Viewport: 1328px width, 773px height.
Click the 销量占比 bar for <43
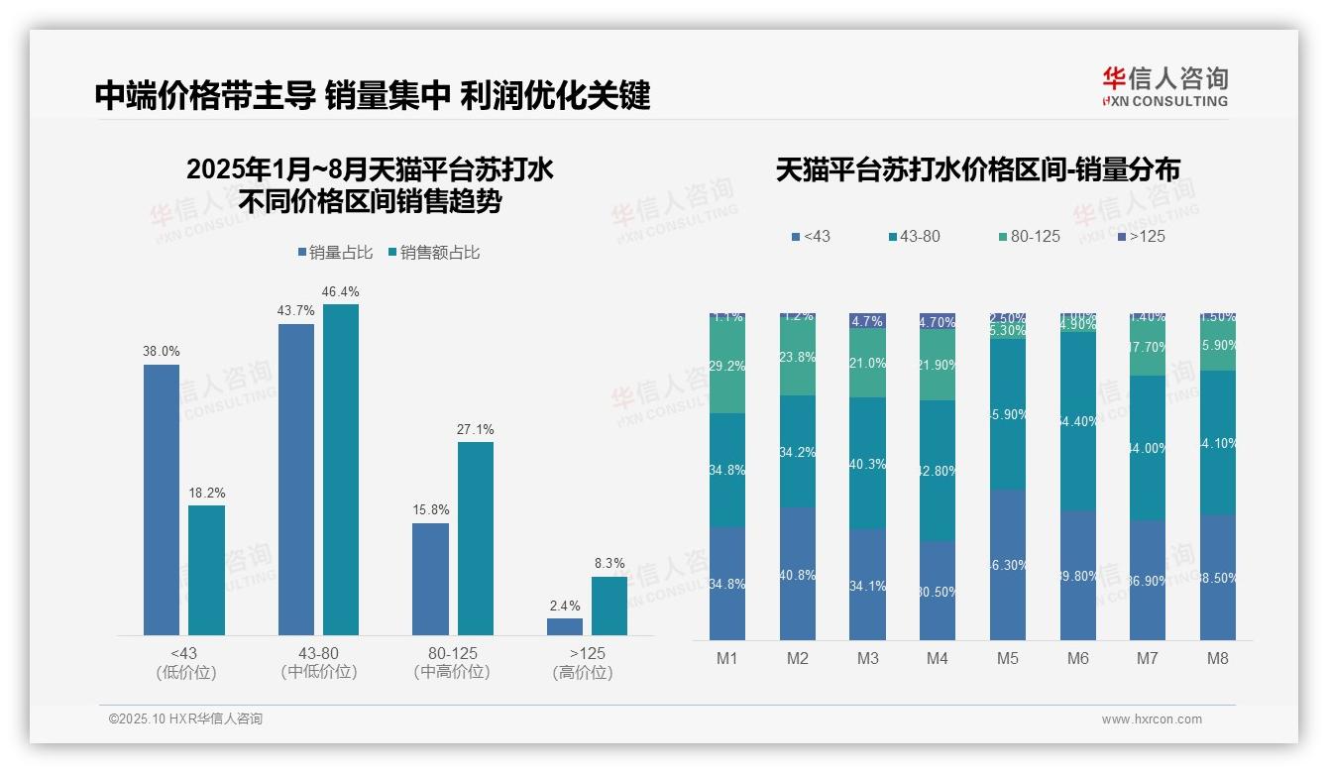click(162, 499)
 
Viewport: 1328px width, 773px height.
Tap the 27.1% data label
click(476, 429)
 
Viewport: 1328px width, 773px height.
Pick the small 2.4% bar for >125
click(565, 626)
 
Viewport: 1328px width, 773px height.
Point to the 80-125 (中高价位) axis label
click(453, 663)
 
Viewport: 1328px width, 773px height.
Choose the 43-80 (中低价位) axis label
click(318, 663)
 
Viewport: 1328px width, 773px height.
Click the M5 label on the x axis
click(1008, 659)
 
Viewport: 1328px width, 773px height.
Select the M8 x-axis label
click(1218, 659)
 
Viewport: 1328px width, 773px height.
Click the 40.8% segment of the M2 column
click(798, 574)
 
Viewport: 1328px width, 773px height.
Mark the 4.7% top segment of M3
click(867, 321)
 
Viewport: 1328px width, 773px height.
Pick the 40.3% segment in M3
click(867, 463)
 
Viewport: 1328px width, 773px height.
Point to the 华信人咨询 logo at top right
click(1164, 86)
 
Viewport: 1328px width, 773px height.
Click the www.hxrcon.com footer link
click(1152, 719)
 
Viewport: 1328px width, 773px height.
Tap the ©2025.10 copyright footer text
click(185, 719)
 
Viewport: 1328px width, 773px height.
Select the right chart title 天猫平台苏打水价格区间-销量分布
click(977, 170)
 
